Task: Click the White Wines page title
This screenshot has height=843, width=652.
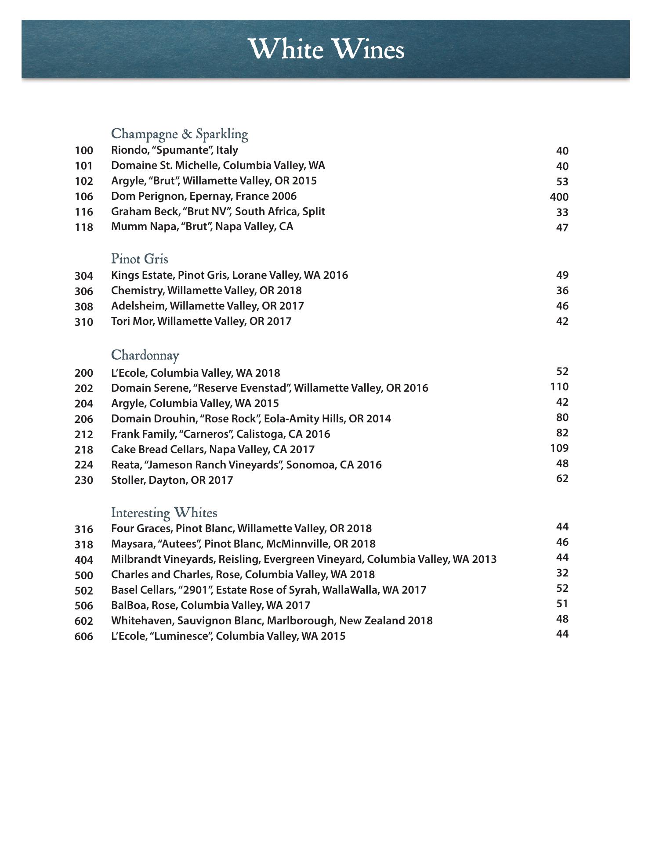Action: [x=326, y=49]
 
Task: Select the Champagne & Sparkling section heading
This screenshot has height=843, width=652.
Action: [x=179, y=134]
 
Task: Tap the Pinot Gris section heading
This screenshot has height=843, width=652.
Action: [x=139, y=259]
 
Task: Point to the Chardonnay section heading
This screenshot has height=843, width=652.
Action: [x=145, y=355]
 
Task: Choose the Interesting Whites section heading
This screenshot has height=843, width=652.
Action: [x=164, y=513]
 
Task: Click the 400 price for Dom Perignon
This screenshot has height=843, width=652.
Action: [x=559, y=197]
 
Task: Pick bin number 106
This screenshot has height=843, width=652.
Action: [x=84, y=197]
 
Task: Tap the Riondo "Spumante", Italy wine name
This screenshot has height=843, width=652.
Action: [x=174, y=150]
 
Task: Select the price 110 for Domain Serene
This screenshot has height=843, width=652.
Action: [x=559, y=387]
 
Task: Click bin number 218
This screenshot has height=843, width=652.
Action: [x=84, y=450]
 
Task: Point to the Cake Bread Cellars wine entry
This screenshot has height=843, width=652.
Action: [x=213, y=450]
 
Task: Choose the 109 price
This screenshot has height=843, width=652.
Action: [x=559, y=448]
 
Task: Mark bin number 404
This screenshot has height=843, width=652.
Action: [x=84, y=560]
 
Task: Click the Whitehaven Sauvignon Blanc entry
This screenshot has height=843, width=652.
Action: [x=272, y=621]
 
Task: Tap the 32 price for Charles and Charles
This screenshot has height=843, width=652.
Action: [x=562, y=573]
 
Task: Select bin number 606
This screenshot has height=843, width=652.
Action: [x=84, y=637]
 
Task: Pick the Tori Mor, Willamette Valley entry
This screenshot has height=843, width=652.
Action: [x=201, y=321]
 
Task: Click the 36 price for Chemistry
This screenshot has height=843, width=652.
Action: [x=562, y=291]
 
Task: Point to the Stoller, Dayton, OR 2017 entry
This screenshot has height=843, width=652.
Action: [x=172, y=480]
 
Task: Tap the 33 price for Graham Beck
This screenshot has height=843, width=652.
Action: [x=562, y=213]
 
